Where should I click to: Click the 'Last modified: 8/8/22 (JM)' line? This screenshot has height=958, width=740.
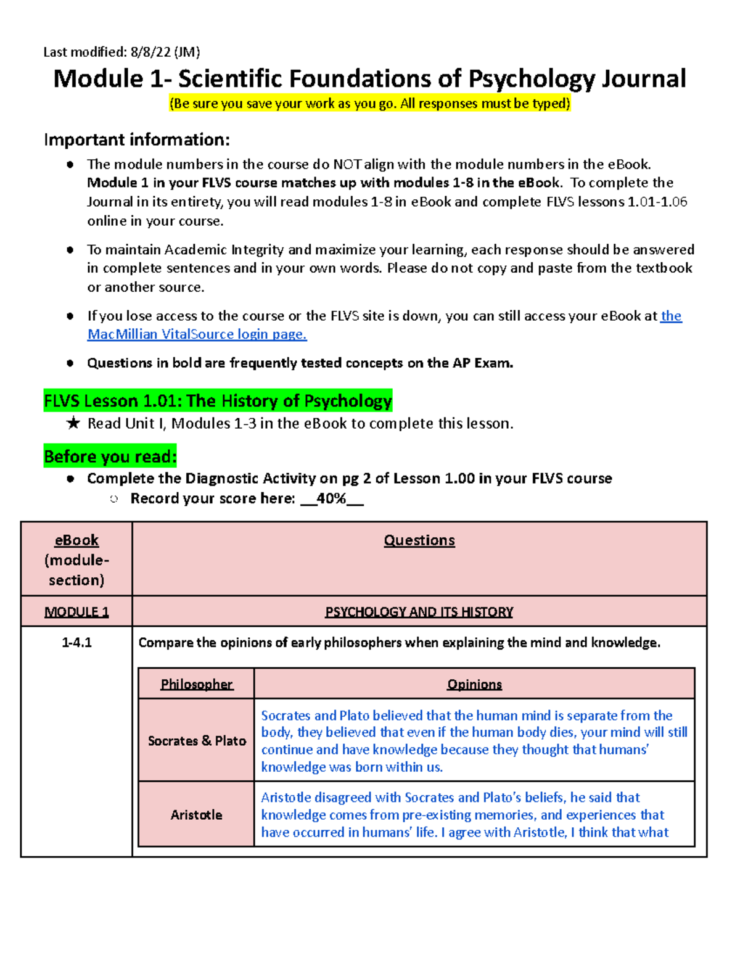121,52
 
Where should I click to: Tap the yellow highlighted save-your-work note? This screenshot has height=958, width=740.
370,104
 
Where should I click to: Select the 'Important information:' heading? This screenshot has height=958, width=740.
136,140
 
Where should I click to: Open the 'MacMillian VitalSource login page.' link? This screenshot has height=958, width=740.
197,334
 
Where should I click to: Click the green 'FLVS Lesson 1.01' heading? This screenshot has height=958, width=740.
218,401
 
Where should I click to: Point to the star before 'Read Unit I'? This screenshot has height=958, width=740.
73,423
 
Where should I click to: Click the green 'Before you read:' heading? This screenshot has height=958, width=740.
110,456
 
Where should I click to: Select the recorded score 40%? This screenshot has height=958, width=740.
331,498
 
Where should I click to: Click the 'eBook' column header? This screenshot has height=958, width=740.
76,540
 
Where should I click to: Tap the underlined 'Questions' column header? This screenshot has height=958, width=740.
419,540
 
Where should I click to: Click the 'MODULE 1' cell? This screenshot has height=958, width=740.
76,612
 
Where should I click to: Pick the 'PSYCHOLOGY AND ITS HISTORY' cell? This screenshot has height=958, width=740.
419,612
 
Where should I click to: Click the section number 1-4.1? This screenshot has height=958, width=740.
76,643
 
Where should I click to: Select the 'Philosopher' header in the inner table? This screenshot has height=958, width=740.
196,684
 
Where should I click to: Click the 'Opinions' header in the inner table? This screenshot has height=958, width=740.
474,684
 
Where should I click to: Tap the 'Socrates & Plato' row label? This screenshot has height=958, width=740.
197,741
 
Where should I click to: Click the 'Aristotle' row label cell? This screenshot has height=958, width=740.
196,815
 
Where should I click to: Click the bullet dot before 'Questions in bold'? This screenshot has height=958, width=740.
70,363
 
